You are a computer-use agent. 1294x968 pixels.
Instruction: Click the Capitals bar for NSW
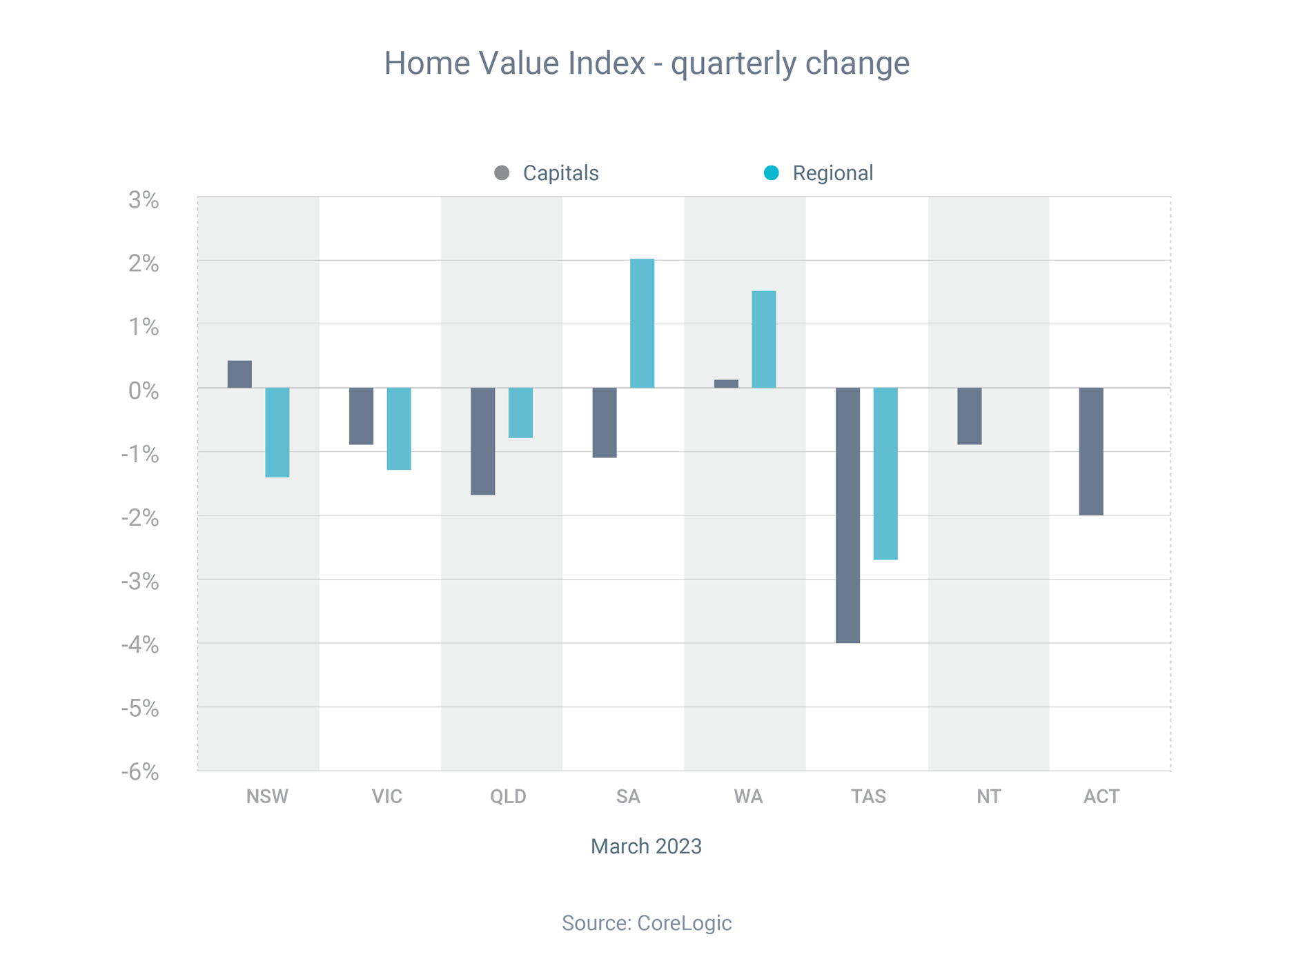(x=239, y=374)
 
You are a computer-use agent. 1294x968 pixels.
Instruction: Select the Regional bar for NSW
(x=277, y=433)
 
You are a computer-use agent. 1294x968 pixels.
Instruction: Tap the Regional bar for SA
(x=643, y=324)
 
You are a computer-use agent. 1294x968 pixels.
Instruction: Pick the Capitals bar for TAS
(x=848, y=515)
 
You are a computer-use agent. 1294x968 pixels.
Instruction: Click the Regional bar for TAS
(x=885, y=473)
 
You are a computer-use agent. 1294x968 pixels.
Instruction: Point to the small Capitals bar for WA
(x=726, y=384)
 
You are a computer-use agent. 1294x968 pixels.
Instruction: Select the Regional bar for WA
(x=764, y=339)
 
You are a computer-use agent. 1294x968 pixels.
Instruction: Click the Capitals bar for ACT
(x=1091, y=451)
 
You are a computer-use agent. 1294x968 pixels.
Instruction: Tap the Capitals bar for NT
(x=970, y=416)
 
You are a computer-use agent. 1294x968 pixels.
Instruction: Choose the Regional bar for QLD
(x=521, y=413)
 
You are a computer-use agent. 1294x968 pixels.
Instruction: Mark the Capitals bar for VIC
(x=362, y=416)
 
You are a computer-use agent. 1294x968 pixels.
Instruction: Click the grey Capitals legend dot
(x=502, y=173)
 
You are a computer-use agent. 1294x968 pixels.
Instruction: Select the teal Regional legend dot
(x=772, y=173)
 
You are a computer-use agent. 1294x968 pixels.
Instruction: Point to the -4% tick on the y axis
(x=140, y=645)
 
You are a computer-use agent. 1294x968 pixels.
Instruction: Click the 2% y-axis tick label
(x=144, y=263)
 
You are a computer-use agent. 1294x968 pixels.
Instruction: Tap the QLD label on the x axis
(x=508, y=797)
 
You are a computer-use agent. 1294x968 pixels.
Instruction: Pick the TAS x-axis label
(x=868, y=797)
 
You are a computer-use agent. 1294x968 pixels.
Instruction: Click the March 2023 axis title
(x=646, y=846)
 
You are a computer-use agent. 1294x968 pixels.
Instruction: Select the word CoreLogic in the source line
(x=684, y=923)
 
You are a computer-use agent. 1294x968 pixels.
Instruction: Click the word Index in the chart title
(x=607, y=63)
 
